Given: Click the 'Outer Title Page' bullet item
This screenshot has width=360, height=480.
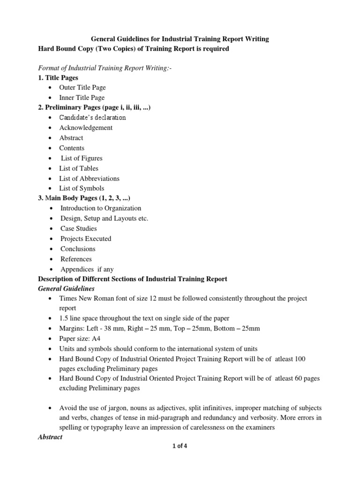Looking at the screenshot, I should (x=82, y=87).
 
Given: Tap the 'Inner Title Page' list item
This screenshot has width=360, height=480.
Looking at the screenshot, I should (x=82, y=97).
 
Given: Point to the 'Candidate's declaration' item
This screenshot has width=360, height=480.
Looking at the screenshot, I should (x=92, y=118).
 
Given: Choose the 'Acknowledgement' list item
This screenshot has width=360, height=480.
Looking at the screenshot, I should (x=86, y=127).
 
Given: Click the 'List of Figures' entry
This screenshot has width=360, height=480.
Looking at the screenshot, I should (x=81, y=158).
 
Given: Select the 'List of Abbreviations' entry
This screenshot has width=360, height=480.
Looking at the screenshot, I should (x=89, y=178).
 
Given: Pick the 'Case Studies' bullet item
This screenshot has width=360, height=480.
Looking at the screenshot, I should (x=79, y=228).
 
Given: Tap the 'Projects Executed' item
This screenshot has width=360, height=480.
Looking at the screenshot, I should (x=86, y=239).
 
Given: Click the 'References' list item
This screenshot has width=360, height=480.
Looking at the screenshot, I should (x=76, y=259).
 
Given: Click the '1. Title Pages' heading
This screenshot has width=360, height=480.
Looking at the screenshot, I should (x=58, y=77).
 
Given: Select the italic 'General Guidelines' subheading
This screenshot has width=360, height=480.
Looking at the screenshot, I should (x=66, y=288).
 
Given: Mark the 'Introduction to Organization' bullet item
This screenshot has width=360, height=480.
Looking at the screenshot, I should (x=101, y=208).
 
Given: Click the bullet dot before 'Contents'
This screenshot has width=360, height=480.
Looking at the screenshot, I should (x=50, y=148).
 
